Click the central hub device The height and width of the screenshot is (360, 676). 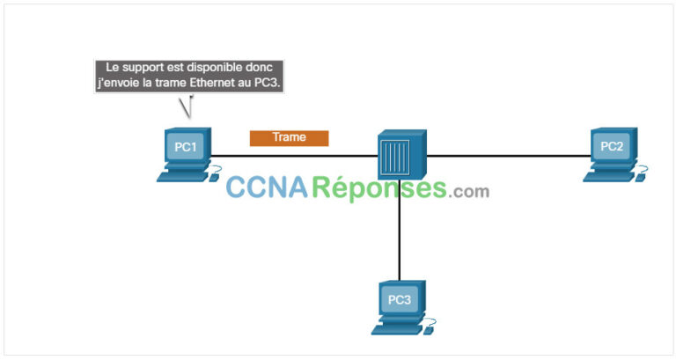(x=402, y=154)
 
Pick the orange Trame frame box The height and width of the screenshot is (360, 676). (x=290, y=138)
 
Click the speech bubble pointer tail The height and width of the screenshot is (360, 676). (x=187, y=107)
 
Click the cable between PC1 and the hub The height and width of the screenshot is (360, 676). (x=295, y=156)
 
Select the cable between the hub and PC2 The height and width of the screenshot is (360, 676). (x=509, y=156)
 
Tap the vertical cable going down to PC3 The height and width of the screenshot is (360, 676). (x=400, y=230)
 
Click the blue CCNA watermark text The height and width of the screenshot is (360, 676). (x=267, y=187)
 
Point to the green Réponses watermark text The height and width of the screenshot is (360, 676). (x=379, y=188)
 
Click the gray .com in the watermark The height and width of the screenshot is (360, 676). (x=468, y=191)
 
